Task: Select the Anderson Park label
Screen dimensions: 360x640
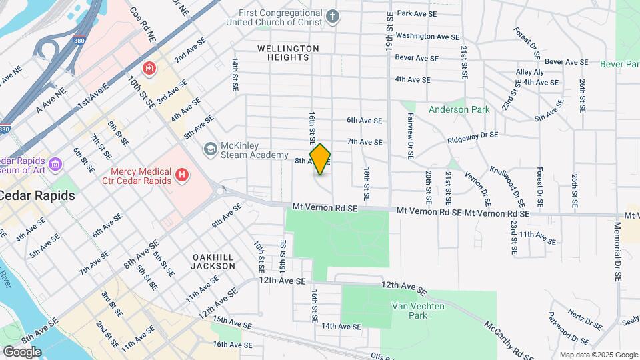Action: point(459,109)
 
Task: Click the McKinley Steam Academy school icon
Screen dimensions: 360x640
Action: point(211,148)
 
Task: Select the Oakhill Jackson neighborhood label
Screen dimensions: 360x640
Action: point(213,261)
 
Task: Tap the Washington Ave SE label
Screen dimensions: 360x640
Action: point(427,36)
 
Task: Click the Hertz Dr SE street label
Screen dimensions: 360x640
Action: point(585,319)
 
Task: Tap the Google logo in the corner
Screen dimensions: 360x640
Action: point(21,352)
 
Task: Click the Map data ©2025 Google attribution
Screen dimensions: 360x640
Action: point(599,355)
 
